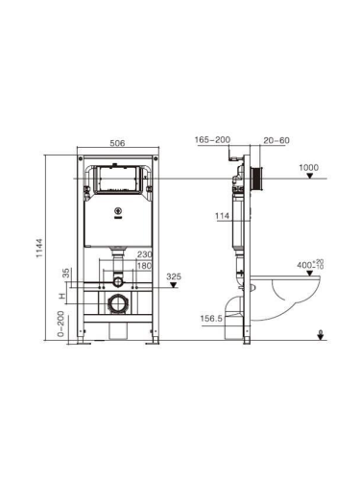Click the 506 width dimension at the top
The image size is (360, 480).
click(118, 142)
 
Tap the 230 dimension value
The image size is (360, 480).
click(145, 254)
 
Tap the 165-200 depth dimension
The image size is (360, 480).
click(211, 140)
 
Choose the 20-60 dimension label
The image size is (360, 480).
click(275, 140)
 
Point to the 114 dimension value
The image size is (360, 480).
click(223, 215)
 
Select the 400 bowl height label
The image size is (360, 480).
click(306, 262)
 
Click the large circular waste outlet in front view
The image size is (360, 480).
click(118, 306)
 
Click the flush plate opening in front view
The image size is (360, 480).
click(118, 180)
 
